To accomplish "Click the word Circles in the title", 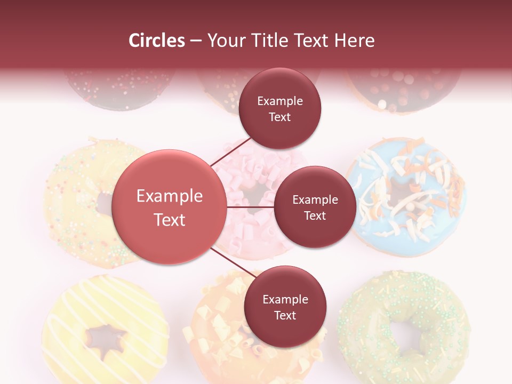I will (157, 41).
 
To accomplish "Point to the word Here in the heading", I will (354, 41).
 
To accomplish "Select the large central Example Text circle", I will (169, 207).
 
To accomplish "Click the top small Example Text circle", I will (280, 109).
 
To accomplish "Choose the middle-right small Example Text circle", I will (315, 207).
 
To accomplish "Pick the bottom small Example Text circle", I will (285, 307).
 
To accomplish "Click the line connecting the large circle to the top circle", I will (231, 153).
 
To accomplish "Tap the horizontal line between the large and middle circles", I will (250, 206).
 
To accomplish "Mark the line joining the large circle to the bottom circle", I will (234, 263).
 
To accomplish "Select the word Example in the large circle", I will (170, 196).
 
